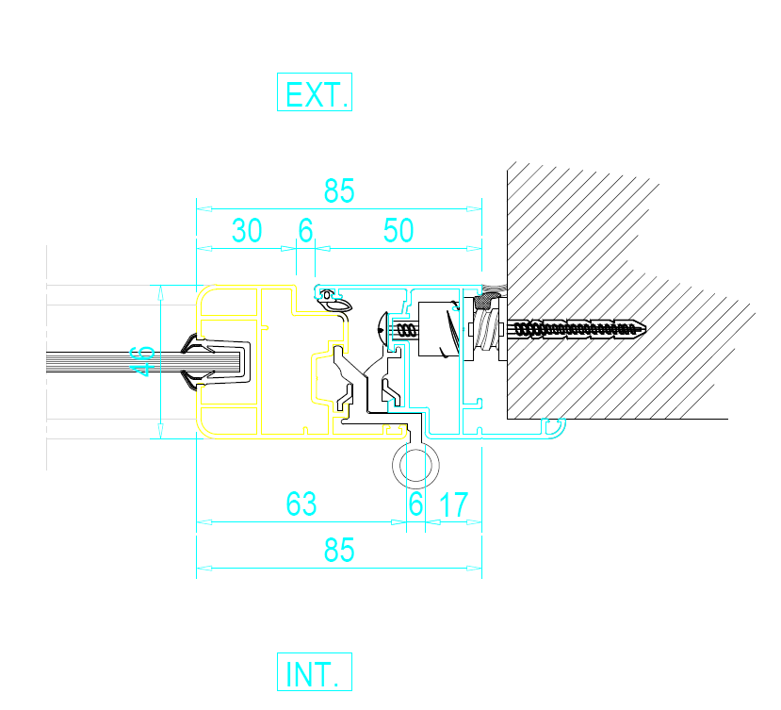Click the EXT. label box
[315, 91]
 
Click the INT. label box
[315, 671]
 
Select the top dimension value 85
[339, 190]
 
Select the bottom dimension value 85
[339, 550]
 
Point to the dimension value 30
[247, 230]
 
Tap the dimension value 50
[399, 230]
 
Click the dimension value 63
[301, 504]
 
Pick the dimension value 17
[454, 504]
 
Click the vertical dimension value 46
[142, 361]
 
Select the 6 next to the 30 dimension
[306, 230]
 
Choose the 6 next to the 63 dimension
[415, 504]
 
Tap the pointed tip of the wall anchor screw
[646, 328]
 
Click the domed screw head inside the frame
[382, 328]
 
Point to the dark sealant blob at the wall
[485, 301]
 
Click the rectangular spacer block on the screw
[438, 329]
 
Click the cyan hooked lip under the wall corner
[554, 428]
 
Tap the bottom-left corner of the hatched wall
[508, 419]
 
